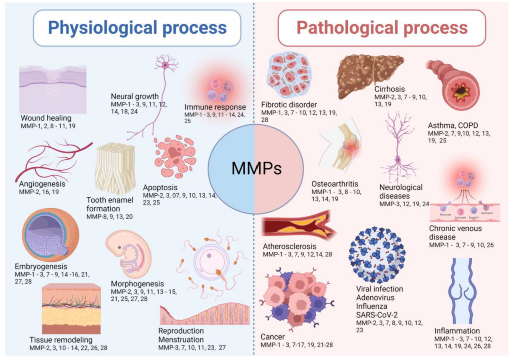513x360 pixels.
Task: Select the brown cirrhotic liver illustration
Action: pyautogui.click(x=370, y=75)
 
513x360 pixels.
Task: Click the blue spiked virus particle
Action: pyautogui.click(x=377, y=255)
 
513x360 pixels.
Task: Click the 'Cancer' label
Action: pyautogui.click(x=272, y=336)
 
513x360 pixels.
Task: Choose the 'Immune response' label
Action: pyautogui.click(x=215, y=107)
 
